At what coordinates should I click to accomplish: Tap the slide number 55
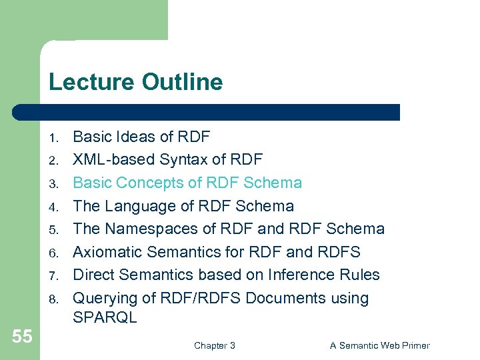[x=21, y=337]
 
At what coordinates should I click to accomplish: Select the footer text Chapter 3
[x=214, y=345]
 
